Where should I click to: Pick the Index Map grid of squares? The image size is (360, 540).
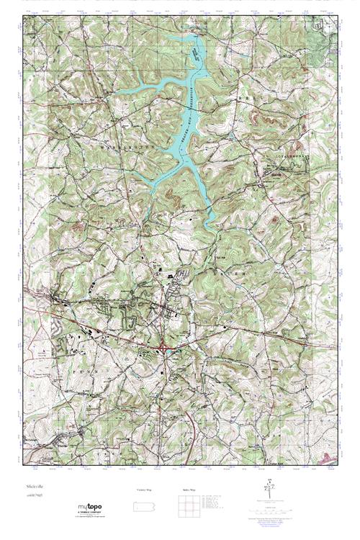187,507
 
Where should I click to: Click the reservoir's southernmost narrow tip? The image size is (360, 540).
212,229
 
